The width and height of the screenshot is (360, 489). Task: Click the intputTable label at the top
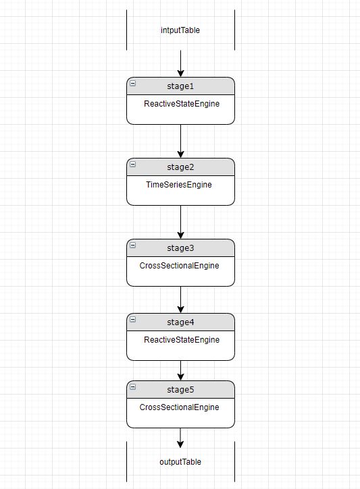180,30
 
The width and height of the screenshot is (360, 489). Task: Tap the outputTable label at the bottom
180,462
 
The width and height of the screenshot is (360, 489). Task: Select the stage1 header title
180,86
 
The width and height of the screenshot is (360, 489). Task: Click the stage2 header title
180,167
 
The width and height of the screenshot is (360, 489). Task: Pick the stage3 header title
180,248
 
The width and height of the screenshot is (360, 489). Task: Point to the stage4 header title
180,322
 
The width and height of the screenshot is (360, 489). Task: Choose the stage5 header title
180,390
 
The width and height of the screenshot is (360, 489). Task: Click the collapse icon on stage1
133,84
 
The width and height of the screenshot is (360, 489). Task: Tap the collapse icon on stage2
133,165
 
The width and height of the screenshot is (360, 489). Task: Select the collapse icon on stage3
133,246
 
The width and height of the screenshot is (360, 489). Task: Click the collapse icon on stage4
133,320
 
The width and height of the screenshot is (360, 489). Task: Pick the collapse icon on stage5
133,387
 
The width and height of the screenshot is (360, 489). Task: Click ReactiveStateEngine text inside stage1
182,105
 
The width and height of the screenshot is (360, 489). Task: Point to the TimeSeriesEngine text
179,184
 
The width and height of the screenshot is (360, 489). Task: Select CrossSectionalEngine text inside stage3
179,265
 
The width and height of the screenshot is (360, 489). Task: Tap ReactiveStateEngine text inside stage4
182,340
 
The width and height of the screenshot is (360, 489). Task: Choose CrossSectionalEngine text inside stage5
179,407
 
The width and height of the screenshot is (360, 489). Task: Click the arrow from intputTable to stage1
181,63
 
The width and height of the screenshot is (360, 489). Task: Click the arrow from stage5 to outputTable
181,437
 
